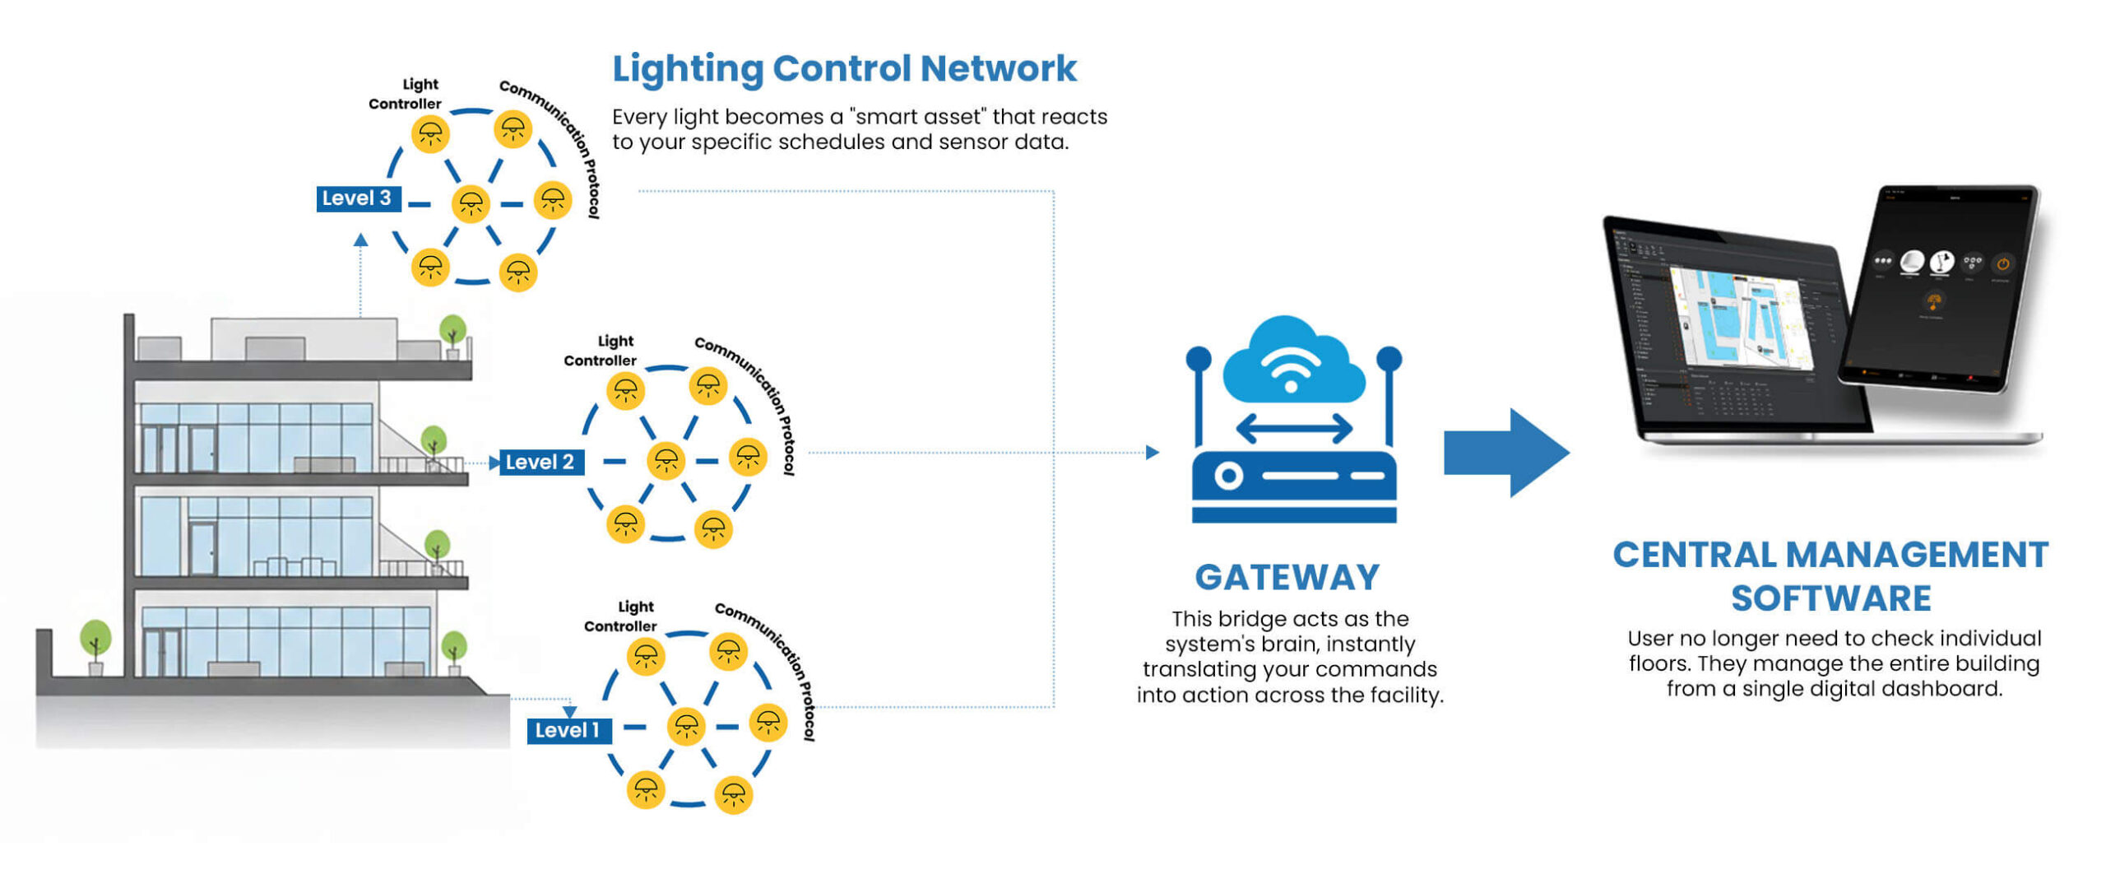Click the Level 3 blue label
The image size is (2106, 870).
click(x=357, y=198)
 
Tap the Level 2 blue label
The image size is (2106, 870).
click(x=540, y=462)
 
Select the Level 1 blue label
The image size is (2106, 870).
click(x=568, y=730)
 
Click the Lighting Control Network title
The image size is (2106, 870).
click(x=843, y=68)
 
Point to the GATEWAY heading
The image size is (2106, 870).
click(x=1287, y=577)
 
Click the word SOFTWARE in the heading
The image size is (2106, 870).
click(x=1830, y=598)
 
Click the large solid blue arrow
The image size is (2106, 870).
click(x=1505, y=453)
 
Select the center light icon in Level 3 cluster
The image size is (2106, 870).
click(x=471, y=203)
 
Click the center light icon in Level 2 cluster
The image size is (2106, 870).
click(x=666, y=461)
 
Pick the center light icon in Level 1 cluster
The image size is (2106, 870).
click(x=686, y=727)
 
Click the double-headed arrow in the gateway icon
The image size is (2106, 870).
click(x=1293, y=429)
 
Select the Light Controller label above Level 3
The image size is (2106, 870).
click(x=406, y=94)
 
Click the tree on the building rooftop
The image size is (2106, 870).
click(x=452, y=332)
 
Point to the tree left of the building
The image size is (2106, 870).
click(x=95, y=640)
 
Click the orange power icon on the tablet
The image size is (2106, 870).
click(x=2002, y=263)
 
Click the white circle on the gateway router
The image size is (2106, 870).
click(x=1228, y=477)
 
